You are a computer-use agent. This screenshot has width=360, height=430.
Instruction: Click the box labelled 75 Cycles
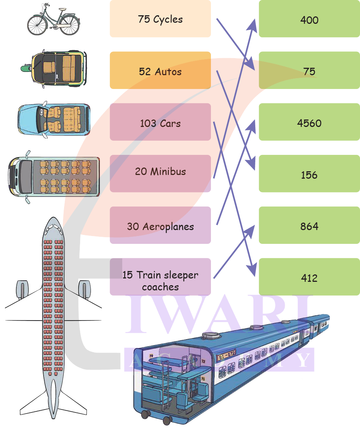[x=160, y=19]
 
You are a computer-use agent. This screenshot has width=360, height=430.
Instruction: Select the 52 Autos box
[x=160, y=71]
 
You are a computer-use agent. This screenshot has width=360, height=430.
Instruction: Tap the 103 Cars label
[x=160, y=123]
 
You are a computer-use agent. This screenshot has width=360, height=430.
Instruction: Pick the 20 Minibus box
[x=160, y=172]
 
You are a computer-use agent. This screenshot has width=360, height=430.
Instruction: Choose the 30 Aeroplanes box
[x=160, y=226]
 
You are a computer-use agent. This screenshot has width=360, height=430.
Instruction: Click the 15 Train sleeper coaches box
[x=160, y=280]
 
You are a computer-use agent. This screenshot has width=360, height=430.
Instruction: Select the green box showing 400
[x=309, y=19]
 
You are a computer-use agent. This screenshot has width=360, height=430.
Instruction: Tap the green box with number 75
[x=309, y=71]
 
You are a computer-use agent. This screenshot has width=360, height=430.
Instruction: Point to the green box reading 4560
[x=309, y=123]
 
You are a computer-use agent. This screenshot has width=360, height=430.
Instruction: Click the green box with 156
[x=309, y=175]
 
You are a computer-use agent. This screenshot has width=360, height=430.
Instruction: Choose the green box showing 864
[x=309, y=226]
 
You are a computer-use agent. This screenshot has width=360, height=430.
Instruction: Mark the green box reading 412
[x=309, y=278]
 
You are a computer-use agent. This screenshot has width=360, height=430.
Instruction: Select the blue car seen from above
[x=54, y=120]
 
